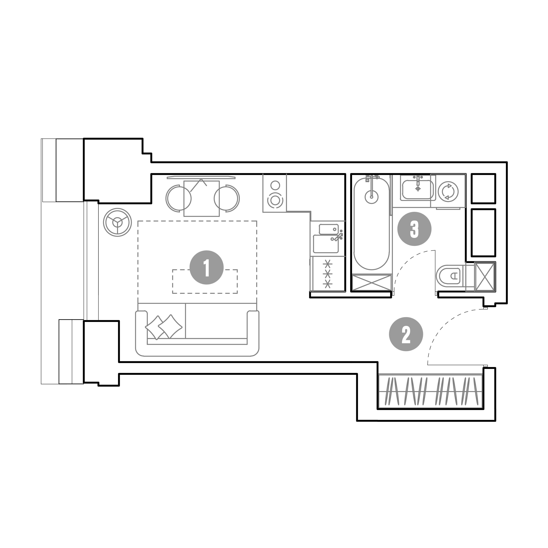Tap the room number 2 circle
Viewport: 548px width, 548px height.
[406, 334]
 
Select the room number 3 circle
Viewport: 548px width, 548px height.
[414, 229]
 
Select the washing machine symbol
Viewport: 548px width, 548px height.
[448, 191]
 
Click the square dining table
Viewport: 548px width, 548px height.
[201, 199]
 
